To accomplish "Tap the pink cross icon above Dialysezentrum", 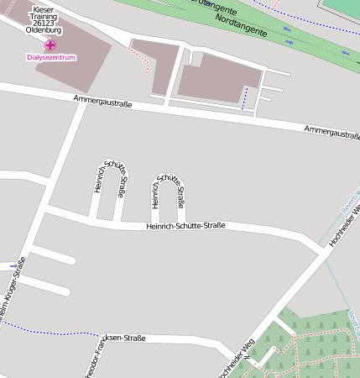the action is coord(51,45).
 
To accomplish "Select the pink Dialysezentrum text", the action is coord(51,58).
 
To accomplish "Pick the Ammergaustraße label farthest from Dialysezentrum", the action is coord(332,132).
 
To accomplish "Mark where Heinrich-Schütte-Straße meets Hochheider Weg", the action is coord(320,247).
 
